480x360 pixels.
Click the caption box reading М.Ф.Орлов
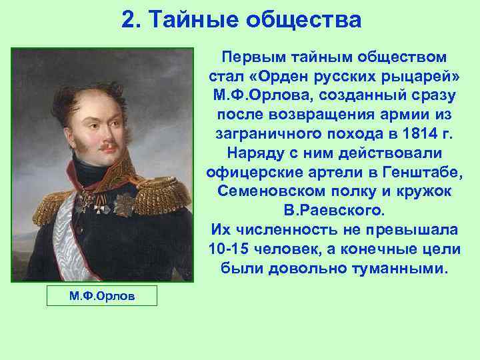tap(102, 295)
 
